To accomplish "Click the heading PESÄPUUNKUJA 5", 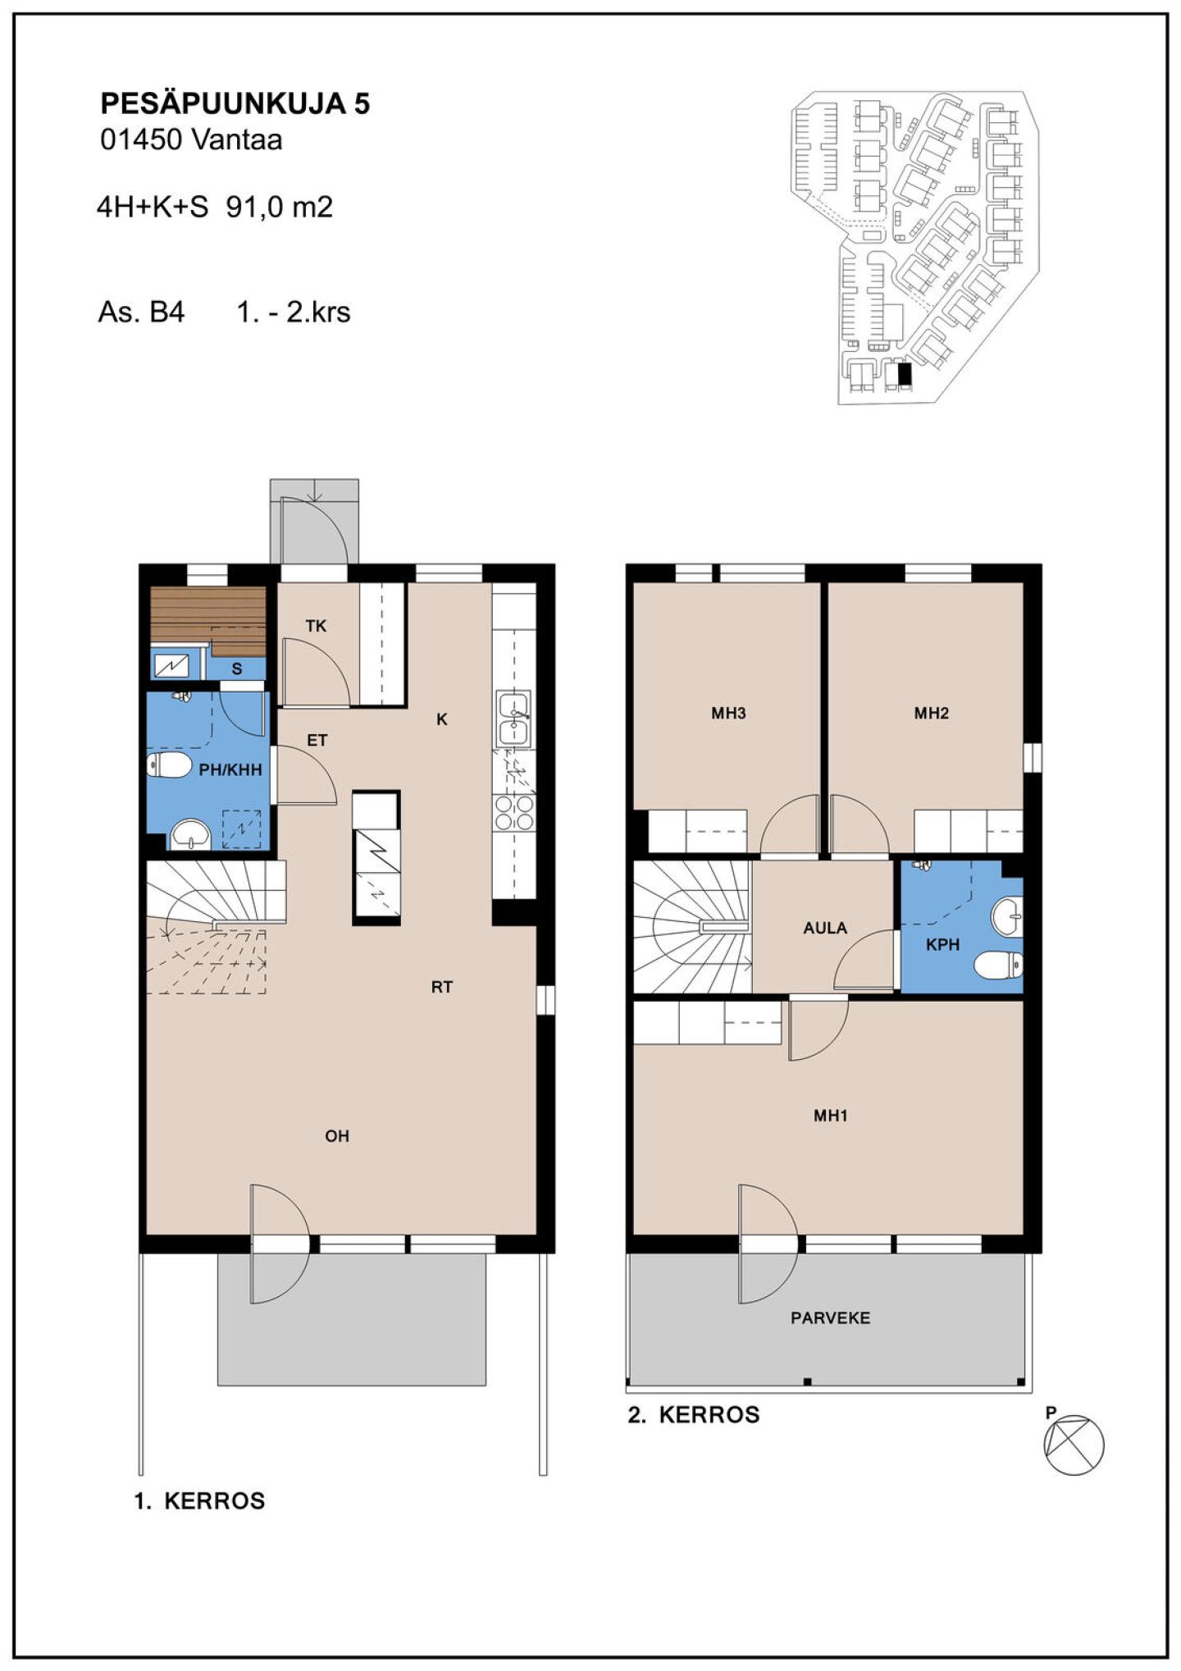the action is click(235, 103).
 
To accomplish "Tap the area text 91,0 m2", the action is click(280, 207).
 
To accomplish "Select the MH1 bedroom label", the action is click(830, 1115).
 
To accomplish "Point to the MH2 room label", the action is click(931, 713).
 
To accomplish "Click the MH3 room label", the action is click(728, 713).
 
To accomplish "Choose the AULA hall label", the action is click(825, 928).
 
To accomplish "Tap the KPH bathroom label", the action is click(942, 944).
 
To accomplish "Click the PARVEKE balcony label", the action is click(830, 1317).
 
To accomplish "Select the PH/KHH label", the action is click(230, 769).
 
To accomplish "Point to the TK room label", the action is click(316, 626).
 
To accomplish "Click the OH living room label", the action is click(337, 1135).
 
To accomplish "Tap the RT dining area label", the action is click(442, 987).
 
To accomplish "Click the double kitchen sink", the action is click(513, 719).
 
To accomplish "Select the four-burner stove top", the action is click(513, 813).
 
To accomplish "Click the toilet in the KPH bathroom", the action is click(998, 965).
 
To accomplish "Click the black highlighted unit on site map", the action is click(905, 374).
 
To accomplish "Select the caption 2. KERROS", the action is click(694, 1415).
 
